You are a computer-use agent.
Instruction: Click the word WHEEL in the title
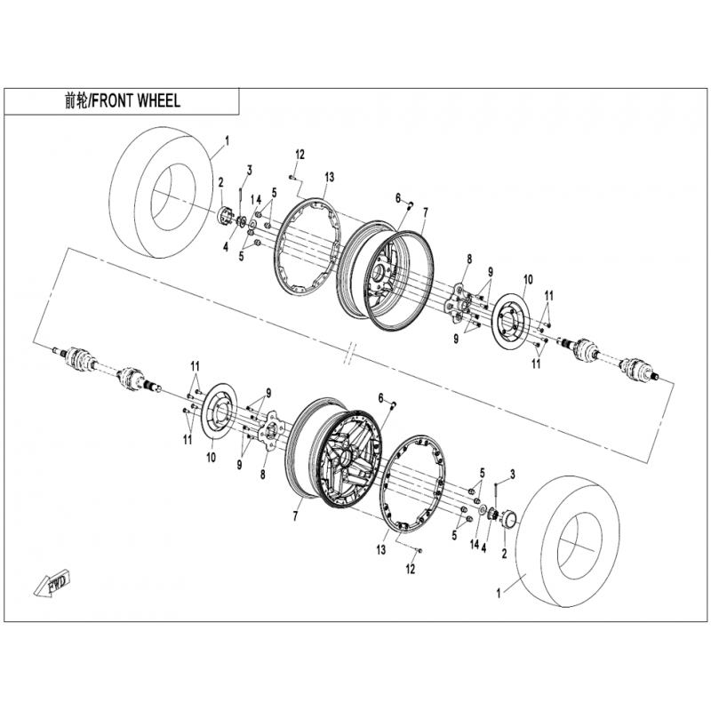158,101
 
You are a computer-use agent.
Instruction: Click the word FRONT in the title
113,101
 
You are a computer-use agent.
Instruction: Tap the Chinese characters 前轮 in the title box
76,101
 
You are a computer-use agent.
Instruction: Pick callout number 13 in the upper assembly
329,178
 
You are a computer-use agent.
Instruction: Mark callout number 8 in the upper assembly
468,259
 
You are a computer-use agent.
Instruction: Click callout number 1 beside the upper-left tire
227,140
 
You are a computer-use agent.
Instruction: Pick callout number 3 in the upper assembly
250,170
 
